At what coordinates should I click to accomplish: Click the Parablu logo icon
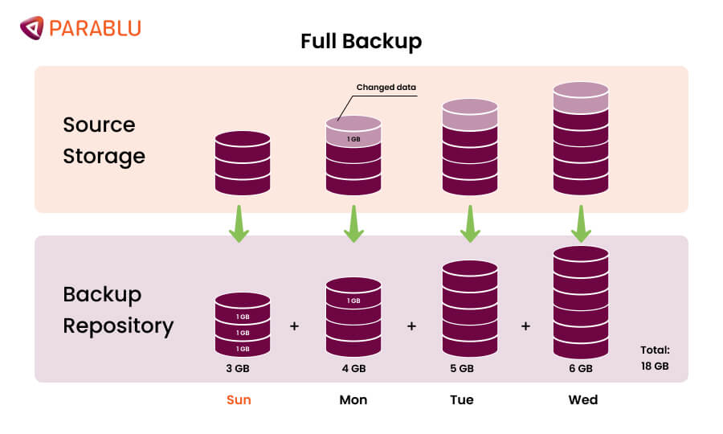[32, 28]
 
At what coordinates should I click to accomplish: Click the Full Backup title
[361, 41]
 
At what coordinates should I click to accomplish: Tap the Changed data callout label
[386, 88]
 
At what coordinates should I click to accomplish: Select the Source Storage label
[104, 140]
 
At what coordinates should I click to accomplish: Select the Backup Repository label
[118, 309]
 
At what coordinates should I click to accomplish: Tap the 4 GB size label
[353, 369]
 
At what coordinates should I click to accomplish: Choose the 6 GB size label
[580, 369]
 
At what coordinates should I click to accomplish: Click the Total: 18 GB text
[654, 358]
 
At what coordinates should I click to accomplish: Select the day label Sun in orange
[239, 399]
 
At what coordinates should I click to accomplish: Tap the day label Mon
[353, 399]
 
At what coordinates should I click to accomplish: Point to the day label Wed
[582, 399]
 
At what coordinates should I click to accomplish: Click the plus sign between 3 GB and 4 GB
[294, 326]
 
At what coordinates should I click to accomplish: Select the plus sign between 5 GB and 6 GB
[525, 326]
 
